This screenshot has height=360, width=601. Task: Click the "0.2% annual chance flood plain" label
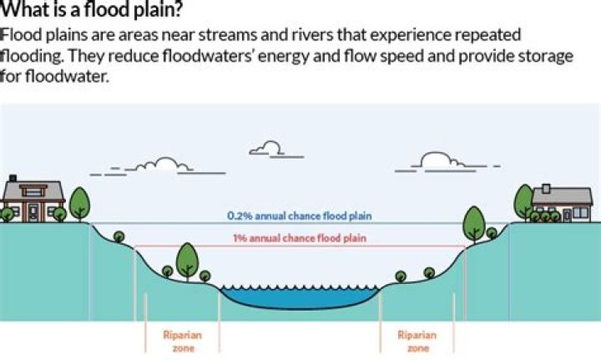click(300, 215)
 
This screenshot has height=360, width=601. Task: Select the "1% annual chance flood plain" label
click(300, 239)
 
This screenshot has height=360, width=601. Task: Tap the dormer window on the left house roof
click(35, 190)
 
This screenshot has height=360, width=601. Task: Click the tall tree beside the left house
click(79, 202)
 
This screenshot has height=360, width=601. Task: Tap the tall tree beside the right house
click(523, 200)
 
